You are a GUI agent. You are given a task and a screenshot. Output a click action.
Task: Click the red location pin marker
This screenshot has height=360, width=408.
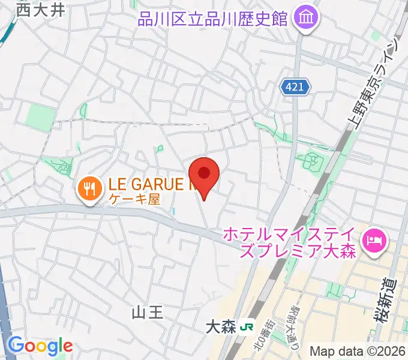pos(205,175)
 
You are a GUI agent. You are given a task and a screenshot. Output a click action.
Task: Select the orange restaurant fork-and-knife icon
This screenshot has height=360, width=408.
pos(89,189)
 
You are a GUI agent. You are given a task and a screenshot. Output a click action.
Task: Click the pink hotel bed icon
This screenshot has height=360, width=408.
pos(376,241)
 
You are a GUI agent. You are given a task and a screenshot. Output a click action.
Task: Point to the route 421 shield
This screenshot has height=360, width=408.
pos(296,88)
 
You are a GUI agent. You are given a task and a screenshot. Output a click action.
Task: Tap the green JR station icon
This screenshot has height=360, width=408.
pos(245,328)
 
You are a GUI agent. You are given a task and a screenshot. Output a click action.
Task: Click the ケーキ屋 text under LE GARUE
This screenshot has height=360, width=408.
pos(134,200)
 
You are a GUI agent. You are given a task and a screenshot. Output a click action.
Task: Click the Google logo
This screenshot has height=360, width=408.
pos(40,346)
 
